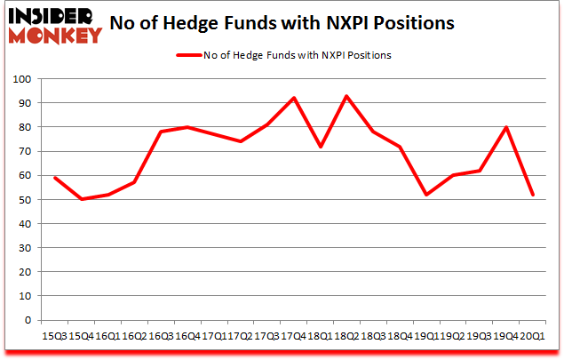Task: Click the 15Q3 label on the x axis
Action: [55, 337]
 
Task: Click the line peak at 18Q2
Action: [346, 96]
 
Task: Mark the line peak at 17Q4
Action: [293, 98]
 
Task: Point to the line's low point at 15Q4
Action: [82, 199]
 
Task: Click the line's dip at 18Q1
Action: [320, 147]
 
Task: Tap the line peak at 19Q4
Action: [505, 128]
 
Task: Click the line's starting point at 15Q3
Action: [55, 178]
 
